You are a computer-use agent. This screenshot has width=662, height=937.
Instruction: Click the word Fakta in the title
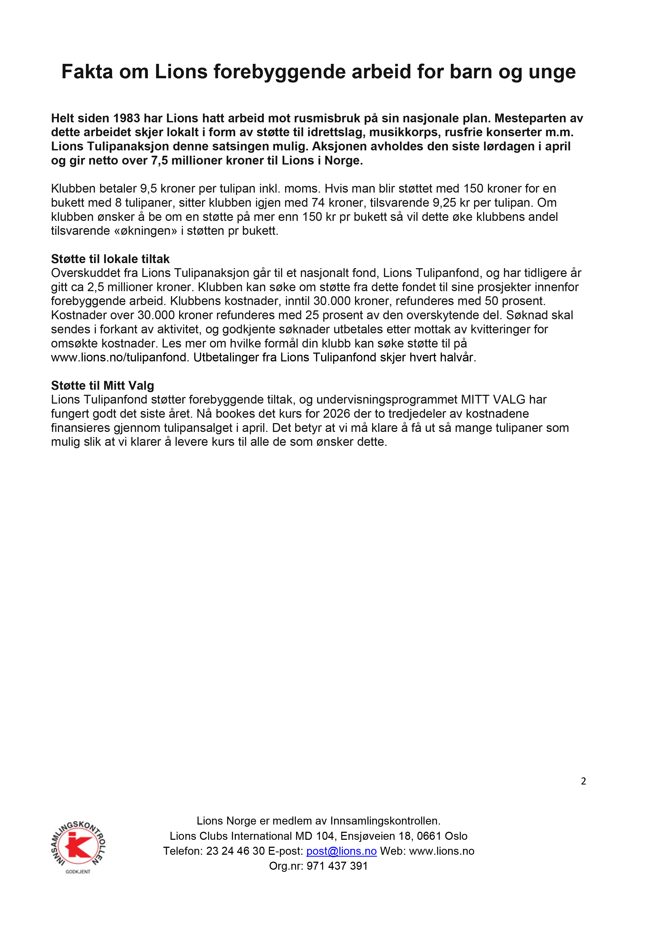(87, 72)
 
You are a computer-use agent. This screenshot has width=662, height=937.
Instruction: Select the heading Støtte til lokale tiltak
(110, 259)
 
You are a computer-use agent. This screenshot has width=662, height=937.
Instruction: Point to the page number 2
(583, 781)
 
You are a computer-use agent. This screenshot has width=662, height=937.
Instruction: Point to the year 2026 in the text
(337, 414)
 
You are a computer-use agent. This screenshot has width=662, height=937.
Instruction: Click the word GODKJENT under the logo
(78, 872)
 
